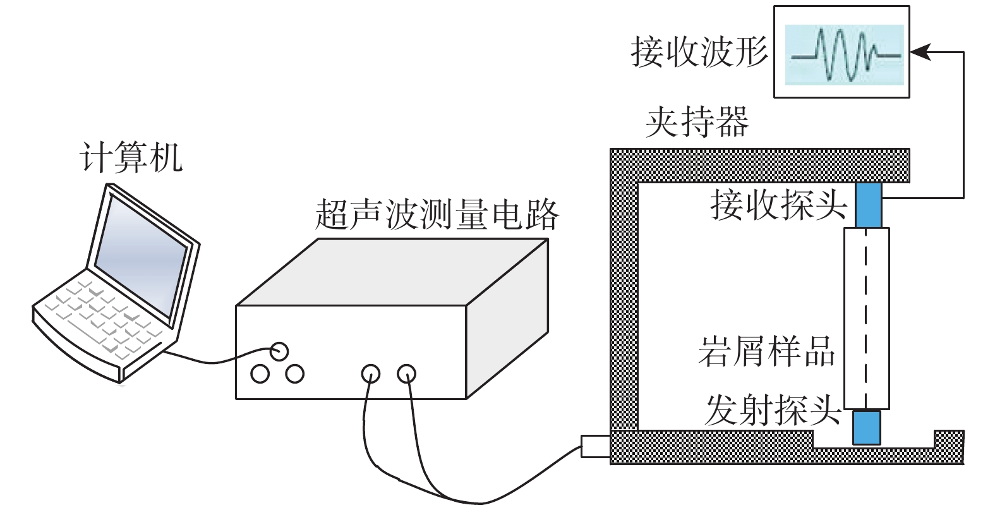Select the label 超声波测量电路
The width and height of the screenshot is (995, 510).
[437, 216]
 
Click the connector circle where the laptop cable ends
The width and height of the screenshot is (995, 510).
[279, 351]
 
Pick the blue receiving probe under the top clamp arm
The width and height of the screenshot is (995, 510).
[868, 203]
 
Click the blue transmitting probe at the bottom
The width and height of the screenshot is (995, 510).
[866, 427]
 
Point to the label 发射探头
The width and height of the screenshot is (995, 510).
[773, 411]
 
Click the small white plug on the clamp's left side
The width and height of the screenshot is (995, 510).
[594, 446]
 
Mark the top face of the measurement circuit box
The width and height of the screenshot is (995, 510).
[392, 272]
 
